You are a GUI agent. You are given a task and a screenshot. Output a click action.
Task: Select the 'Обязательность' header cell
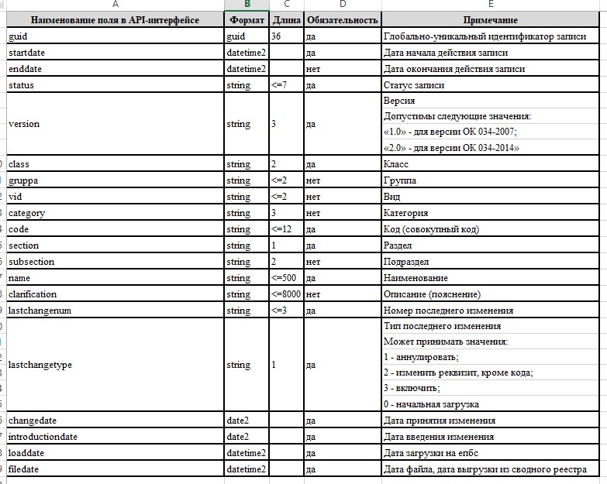click(x=342, y=19)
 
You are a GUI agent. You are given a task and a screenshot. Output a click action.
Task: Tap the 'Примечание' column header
click(x=490, y=19)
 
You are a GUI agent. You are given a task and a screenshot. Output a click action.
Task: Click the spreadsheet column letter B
click(x=247, y=5)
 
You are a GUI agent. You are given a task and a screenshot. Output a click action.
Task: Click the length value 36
click(x=277, y=36)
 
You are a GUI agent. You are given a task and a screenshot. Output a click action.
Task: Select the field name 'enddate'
click(x=24, y=69)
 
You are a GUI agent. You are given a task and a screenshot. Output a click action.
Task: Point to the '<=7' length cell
click(x=279, y=85)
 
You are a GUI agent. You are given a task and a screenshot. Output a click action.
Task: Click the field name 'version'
click(x=24, y=124)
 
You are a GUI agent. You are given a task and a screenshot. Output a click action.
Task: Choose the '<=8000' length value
click(x=286, y=294)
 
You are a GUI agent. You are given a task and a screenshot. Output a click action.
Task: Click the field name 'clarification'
click(x=32, y=294)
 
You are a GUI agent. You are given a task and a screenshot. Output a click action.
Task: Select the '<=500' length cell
click(x=284, y=278)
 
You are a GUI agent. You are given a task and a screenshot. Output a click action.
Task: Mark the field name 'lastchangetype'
click(x=40, y=365)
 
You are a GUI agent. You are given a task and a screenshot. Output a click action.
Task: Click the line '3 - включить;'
click(x=412, y=388)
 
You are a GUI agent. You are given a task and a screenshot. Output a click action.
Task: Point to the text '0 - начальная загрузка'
click(x=431, y=404)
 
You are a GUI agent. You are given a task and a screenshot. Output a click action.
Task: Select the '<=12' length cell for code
click(x=281, y=229)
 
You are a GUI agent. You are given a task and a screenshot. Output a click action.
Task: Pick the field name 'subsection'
click(x=31, y=262)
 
